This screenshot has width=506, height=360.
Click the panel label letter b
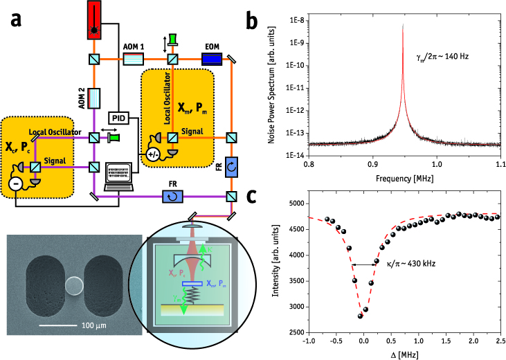coord(252,23)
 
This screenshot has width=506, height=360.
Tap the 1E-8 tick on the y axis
coord(290,20)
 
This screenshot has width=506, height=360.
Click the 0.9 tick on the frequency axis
coord(372,165)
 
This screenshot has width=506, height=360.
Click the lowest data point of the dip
coord(361,316)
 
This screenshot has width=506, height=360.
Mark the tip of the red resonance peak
coord(403,25)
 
